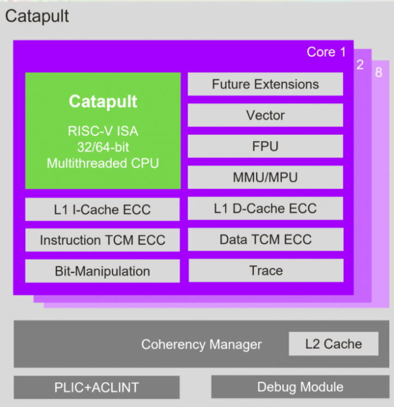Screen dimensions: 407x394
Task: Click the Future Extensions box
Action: point(265,84)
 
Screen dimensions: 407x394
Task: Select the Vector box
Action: point(265,115)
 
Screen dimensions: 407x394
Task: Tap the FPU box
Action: point(265,146)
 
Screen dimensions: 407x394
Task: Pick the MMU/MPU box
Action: point(265,177)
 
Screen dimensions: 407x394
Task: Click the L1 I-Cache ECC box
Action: point(102,209)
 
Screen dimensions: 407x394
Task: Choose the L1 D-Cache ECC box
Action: point(265,208)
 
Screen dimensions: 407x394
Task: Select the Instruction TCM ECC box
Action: point(102,240)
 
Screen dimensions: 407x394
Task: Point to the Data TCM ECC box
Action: point(265,239)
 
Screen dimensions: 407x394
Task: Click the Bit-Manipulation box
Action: point(102,271)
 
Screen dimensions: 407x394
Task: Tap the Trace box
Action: point(265,271)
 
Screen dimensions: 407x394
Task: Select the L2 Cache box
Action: point(333,344)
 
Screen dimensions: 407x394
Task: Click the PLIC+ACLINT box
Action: point(96,387)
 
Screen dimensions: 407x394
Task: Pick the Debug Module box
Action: point(300,387)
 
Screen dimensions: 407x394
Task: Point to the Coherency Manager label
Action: point(201,345)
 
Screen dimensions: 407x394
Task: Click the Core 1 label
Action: point(326,52)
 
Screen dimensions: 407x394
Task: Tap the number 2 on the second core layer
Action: point(360,65)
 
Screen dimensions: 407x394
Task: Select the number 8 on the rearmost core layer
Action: point(379,72)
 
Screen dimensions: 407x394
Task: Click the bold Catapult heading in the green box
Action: point(103,101)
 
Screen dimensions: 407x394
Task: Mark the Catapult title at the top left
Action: point(37,16)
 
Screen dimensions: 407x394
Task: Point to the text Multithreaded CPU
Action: point(103,163)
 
